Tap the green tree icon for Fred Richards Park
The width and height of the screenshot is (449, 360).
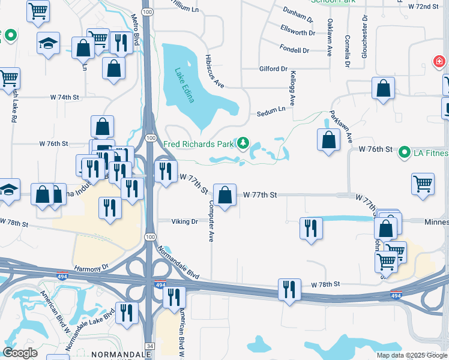243,143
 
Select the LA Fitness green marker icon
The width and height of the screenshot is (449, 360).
405,153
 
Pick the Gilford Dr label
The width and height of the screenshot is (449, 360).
273,69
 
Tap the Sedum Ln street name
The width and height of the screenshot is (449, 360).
272,110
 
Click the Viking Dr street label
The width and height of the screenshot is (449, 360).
184,221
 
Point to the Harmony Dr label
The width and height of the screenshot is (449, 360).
91,267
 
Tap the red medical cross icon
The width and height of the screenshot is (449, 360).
439,61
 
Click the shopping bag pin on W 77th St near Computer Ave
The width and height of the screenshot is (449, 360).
224,195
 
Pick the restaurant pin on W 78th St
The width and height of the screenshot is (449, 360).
289,290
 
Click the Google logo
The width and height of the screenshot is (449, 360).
20,353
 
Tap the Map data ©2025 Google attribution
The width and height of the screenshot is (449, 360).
411,355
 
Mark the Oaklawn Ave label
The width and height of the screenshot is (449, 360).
330,37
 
